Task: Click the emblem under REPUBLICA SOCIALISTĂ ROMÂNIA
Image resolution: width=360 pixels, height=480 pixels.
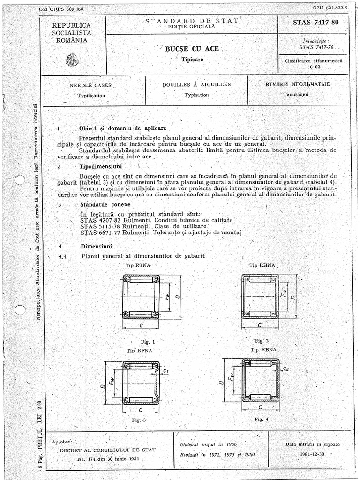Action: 72,60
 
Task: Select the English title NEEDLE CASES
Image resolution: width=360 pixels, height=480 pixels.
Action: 90,85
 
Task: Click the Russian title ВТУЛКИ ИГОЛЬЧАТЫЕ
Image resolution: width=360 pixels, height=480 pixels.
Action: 298,84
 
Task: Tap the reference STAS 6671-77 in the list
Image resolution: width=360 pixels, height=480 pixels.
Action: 102,232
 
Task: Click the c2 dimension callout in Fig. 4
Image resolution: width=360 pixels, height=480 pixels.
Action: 286,369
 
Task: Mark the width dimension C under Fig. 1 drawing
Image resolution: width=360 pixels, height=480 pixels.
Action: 141,325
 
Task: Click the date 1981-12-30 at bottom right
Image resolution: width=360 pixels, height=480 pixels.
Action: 312,454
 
